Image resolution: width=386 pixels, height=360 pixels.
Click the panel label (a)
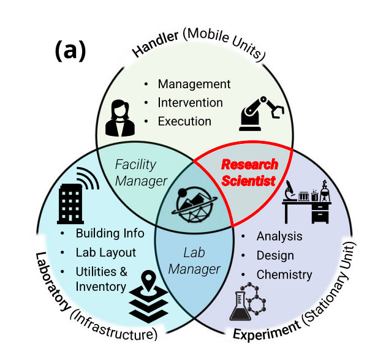tap(70, 51)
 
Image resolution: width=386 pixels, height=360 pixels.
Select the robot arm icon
tap(261, 112)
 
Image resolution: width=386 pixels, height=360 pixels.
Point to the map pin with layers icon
tap(148, 294)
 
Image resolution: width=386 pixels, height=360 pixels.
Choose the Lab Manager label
tap(193, 260)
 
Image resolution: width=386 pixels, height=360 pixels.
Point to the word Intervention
tap(190, 103)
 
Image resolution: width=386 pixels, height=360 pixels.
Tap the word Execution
tap(184, 121)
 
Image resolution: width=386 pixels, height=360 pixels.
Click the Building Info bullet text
tap(110, 233)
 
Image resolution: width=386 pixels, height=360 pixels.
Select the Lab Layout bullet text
tap(106, 252)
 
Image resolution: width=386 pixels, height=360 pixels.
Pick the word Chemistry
tap(284, 275)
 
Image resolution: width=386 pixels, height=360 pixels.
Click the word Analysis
tap(279, 236)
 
